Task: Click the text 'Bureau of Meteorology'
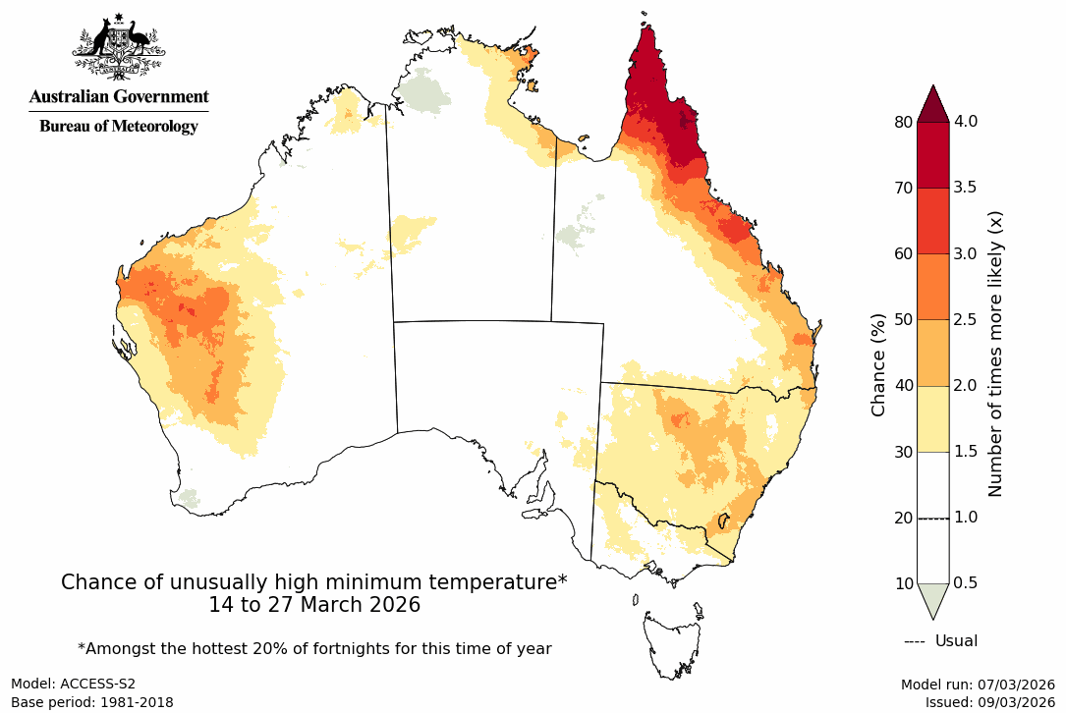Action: tap(119, 127)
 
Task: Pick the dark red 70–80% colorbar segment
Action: tap(932, 155)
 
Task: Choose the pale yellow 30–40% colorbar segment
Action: tap(932, 418)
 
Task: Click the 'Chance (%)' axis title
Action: tap(879, 364)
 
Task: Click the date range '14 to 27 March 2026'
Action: tap(314, 605)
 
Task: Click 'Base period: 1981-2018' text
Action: tap(92, 702)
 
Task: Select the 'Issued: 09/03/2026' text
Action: tap(989, 702)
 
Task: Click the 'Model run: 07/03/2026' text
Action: tap(978, 684)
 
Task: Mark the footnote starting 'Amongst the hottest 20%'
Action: tap(314, 648)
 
